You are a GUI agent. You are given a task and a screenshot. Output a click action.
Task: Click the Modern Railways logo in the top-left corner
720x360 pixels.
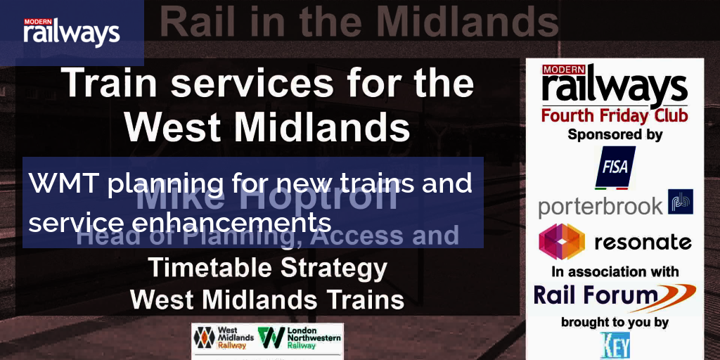click(72, 32)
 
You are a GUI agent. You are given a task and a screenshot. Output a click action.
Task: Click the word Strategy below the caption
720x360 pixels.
click(340, 268)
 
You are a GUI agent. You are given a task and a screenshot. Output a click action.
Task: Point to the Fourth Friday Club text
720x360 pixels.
click(614, 114)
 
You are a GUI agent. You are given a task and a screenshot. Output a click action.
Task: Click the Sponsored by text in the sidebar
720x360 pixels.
click(615, 134)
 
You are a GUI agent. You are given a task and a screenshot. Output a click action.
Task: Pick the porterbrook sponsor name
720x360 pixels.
click(600, 206)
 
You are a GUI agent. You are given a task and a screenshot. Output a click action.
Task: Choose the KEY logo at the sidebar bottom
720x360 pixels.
click(615, 345)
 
